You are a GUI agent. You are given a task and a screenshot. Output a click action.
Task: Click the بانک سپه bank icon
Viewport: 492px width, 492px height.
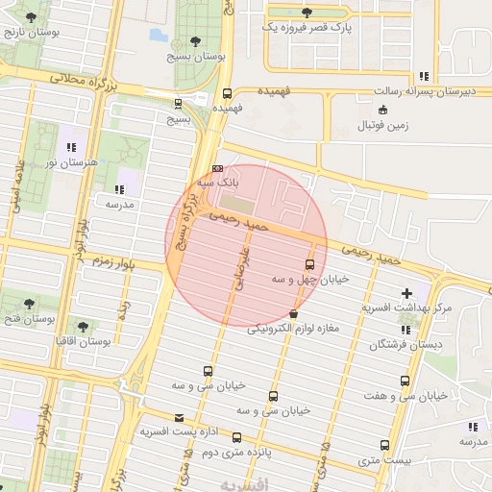tap(216, 167)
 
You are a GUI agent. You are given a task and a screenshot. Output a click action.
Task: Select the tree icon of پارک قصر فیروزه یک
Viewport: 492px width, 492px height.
tap(307, 13)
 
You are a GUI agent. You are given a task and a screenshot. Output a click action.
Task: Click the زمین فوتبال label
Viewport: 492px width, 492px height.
tap(384, 126)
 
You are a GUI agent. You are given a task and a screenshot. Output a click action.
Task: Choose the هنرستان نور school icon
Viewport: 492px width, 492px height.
tap(71, 147)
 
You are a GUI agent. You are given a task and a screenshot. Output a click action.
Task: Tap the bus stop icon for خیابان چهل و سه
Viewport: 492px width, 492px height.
tap(309, 264)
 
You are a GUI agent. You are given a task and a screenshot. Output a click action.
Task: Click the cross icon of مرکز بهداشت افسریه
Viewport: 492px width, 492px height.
tap(406, 293)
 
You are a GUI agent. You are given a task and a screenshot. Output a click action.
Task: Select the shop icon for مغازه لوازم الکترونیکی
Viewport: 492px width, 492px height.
tap(292, 314)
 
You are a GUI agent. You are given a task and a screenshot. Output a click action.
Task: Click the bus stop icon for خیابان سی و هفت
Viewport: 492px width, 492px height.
tap(405, 381)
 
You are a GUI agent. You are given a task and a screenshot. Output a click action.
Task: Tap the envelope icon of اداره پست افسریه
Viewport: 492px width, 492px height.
tap(151, 417)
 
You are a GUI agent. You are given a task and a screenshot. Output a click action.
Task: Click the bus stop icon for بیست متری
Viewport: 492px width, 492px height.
tap(385, 446)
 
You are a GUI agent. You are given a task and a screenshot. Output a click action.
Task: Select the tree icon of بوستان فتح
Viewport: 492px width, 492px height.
tap(28, 302)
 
